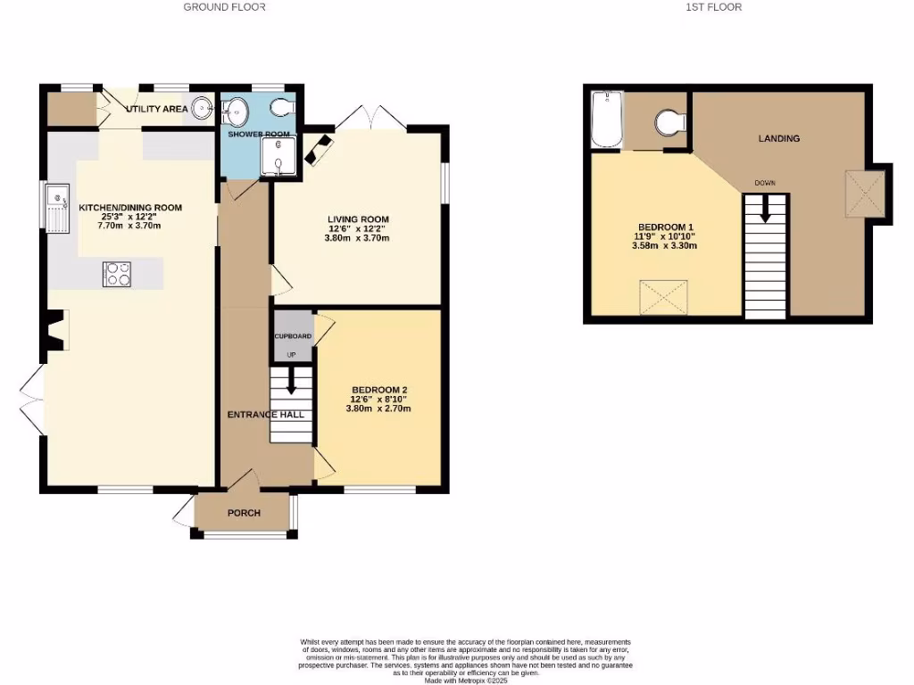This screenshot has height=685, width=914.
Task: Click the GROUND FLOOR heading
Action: click(224, 7)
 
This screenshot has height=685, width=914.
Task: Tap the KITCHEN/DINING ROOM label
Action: click(129, 208)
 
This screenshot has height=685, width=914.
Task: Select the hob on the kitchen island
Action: click(118, 274)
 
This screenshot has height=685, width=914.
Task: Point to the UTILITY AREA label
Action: click(156, 109)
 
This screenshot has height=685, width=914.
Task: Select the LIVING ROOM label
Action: click(358, 219)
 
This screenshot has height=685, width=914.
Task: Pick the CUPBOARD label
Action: click(293, 336)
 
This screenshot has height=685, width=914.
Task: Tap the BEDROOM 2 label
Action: click(378, 391)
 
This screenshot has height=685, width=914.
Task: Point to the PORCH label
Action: click(244, 513)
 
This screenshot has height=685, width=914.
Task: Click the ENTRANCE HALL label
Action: click(265, 415)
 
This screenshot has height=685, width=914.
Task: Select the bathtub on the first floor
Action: click(606, 120)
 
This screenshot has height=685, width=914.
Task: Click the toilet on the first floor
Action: click(668, 120)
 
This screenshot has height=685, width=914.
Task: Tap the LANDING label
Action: click(778, 138)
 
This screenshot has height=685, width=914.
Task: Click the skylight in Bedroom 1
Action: click(663, 297)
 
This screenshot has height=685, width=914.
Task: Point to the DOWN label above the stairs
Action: click(765, 183)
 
